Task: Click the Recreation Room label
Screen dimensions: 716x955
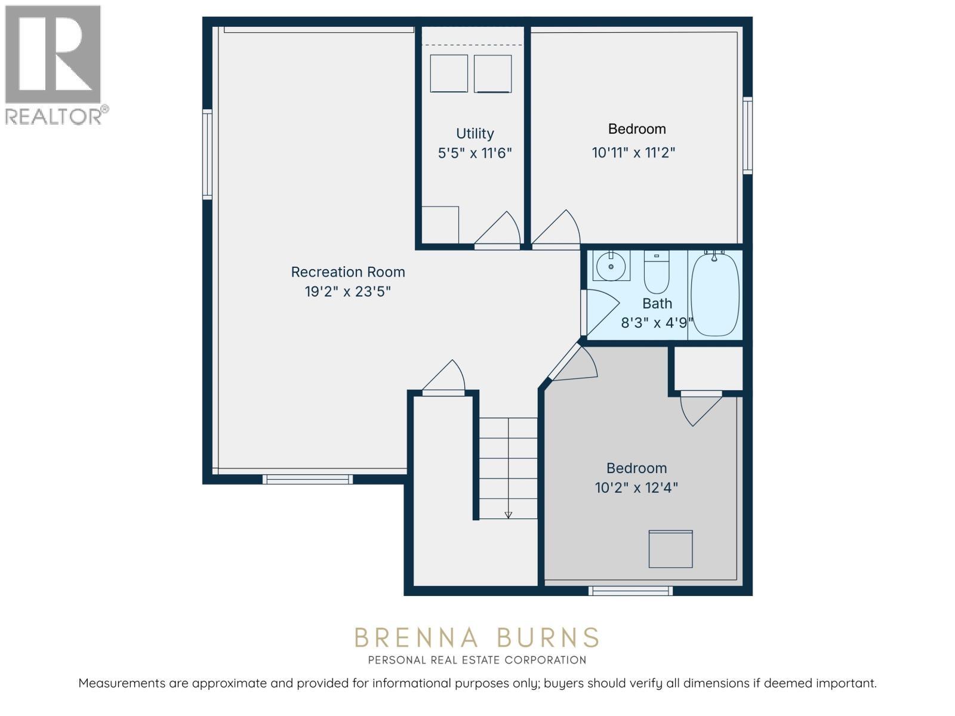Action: [348, 272]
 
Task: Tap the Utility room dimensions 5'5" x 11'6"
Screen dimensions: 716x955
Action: [475, 153]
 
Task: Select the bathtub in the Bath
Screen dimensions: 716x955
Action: [715, 295]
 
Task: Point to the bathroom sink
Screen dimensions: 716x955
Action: [611, 266]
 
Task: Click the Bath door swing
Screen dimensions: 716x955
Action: [600, 310]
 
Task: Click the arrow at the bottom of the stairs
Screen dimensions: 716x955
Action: [509, 514]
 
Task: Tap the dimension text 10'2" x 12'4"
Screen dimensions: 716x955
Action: [636, 488]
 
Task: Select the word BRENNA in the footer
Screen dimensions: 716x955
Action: [417, 638]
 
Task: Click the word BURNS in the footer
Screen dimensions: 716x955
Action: [547, 638]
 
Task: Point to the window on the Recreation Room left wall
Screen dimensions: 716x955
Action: [207, 154]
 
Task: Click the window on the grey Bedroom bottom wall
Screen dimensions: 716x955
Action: [630, 591]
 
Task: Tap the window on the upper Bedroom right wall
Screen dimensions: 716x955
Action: [747, 135]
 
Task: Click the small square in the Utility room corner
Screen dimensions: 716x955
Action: [440, 224]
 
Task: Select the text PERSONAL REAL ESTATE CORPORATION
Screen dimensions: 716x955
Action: [477, 660]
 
